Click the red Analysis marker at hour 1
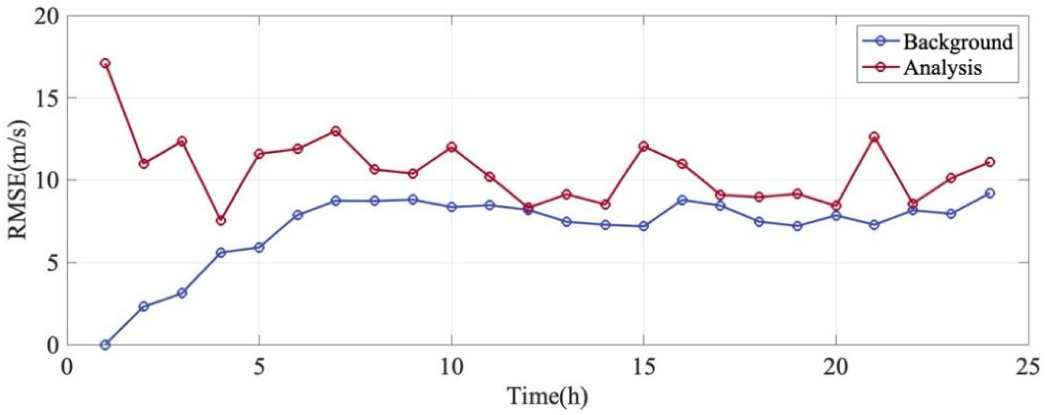pyautogui.click(x=105, y=63)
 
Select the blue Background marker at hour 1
pyautogui.click(x=105, y=345)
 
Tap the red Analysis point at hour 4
pyautogui.click(x=221, y=220)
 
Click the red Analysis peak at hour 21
pyautogui.click(x=874, y=137)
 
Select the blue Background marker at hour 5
pyautogui.click(x=259, y=247)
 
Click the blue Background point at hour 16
pyautogui.click(x=682, y=200)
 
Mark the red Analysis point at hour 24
pyautogui.click(x=990, y=162)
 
